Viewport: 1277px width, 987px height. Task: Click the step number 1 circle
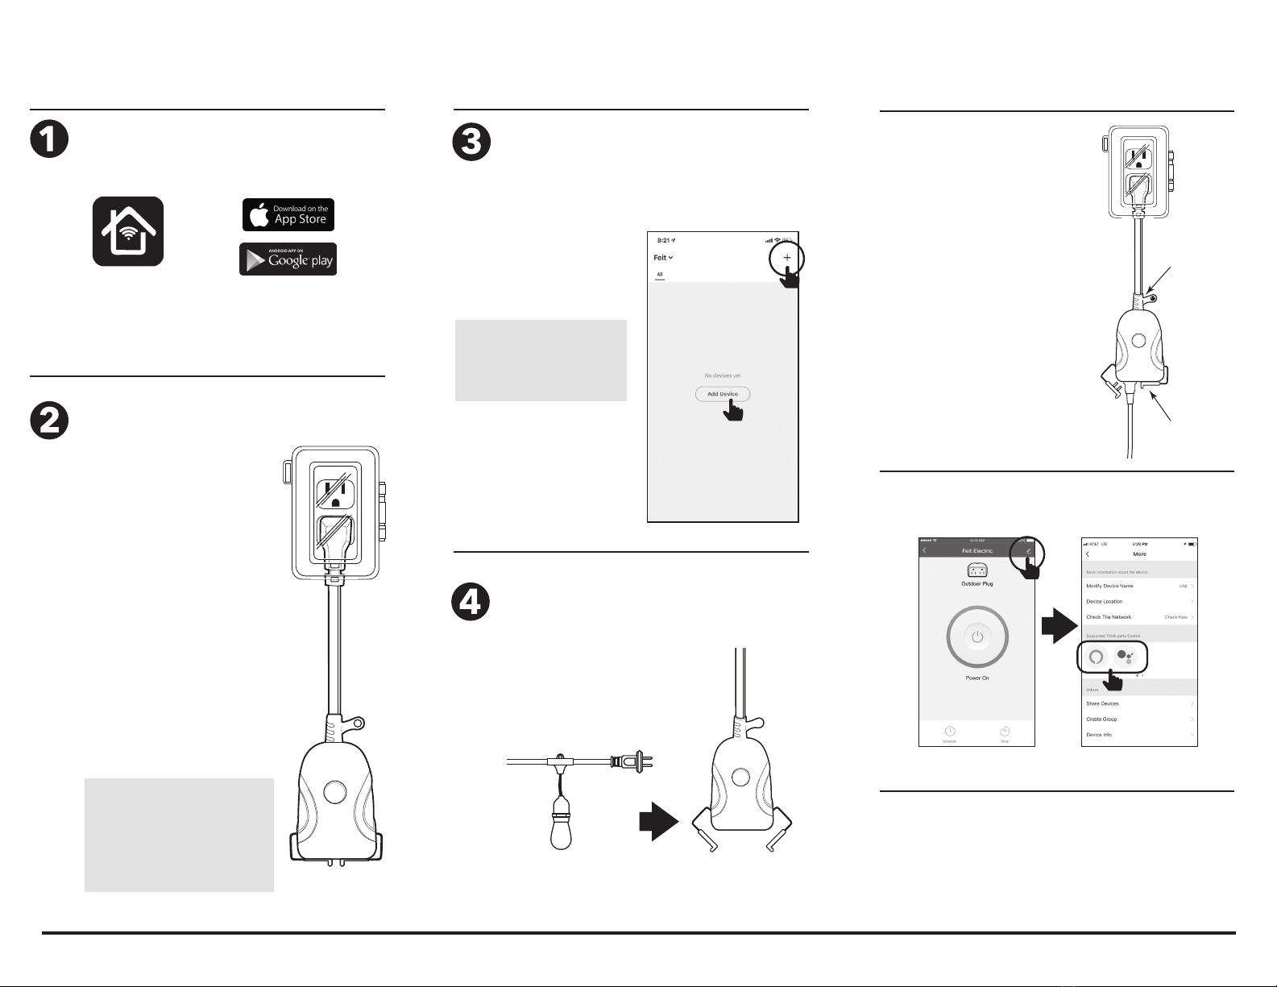point(49,139)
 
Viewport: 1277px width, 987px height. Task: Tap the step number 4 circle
point(471,602)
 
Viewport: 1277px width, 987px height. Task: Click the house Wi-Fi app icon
point(128,231)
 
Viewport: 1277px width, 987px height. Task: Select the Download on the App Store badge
point(288,214)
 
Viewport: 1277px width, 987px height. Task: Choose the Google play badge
point(288,259)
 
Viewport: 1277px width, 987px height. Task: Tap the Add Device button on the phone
point(723,394)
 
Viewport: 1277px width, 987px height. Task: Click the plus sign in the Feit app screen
point(787,258)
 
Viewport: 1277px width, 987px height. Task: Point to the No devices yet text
point(722,375)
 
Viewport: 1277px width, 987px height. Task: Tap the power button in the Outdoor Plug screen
point(977,637)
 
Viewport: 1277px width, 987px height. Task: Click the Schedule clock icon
point(950,732)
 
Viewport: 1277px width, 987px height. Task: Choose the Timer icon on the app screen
point(1005,732)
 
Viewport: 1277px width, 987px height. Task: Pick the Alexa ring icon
point(1096,657)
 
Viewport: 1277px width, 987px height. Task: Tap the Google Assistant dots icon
point(1126,657)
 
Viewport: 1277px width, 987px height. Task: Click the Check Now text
point(1175,617)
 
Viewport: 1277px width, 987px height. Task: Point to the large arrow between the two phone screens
point(1059,626)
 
